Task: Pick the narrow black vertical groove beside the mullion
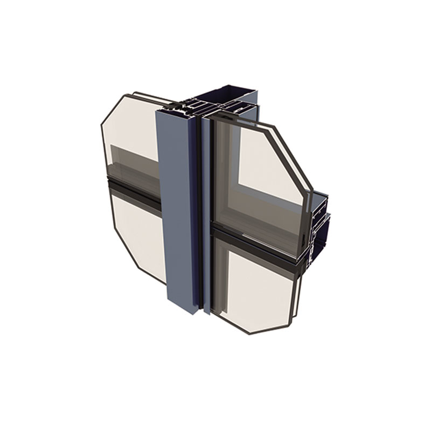pos(200,215)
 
